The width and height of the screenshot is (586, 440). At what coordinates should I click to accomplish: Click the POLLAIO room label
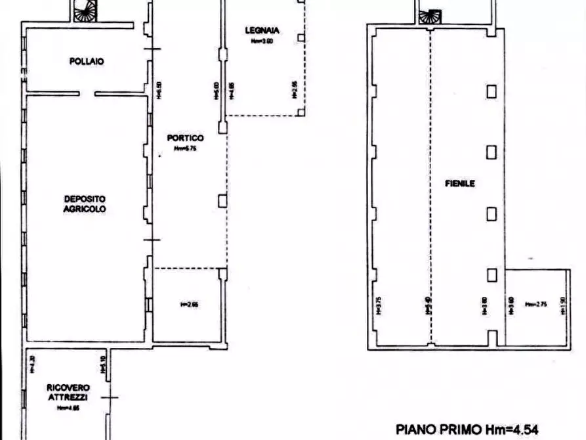click(x=87, y=61)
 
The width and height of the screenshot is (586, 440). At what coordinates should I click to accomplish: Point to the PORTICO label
click(x=184, y=138)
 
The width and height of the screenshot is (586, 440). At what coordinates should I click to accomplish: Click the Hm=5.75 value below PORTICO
click(x=185, y=148)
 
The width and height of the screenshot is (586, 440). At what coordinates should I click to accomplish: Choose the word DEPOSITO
click(x=85, y=199)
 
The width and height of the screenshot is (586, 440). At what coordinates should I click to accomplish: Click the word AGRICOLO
click(x=85, y=209)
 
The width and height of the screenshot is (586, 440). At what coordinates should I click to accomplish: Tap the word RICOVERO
click(x=68, y=387)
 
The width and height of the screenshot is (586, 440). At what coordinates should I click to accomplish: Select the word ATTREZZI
click(x=68, y=397)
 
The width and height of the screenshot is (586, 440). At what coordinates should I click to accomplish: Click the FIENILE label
click(x=459, y=184)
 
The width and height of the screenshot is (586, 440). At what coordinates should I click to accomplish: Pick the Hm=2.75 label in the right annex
click(x=535, y=304)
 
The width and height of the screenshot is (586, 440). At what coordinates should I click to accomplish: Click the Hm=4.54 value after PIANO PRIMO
click(x=514, y=429)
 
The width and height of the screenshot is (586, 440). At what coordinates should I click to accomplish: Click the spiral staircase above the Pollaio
click(x=85, y=11)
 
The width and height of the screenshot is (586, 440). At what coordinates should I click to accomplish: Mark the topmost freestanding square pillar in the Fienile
click(x=492, y=91)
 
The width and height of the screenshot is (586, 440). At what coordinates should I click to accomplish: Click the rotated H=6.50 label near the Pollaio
click(x=159, y=91)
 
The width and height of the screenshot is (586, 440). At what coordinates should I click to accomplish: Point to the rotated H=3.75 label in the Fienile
click(x=379, y=306)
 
